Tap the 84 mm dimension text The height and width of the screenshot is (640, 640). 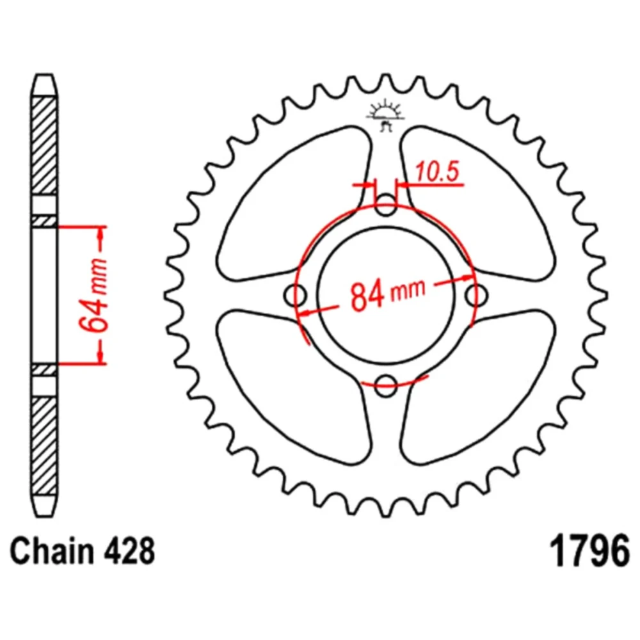coord(388,292)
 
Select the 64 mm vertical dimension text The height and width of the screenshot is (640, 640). coord(94,294)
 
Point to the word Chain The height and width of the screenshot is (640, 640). coord(51,552)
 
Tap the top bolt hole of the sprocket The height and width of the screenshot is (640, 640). coord(386,205)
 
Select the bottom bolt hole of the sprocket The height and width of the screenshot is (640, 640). coord(386,385)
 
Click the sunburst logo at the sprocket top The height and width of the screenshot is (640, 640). coord(386,116)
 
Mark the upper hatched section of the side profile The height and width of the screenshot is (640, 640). coord(44,146)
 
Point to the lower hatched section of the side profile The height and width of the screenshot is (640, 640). coord(44,446)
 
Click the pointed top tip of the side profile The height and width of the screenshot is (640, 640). coord(44,76)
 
